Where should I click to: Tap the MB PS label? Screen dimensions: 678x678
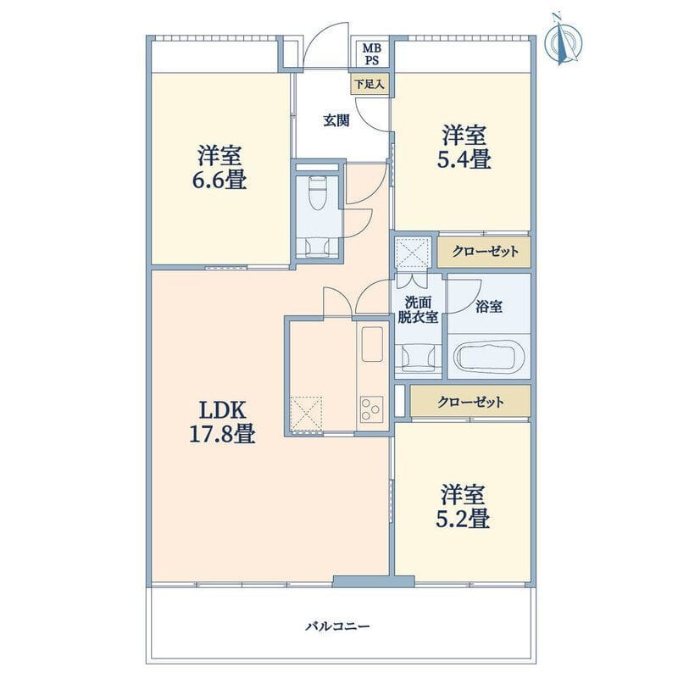pos(370,54)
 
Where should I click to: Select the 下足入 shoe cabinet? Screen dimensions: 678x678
pos(370,84)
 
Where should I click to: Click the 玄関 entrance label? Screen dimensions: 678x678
pos(336,120)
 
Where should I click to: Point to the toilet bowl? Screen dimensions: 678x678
pos(319,192)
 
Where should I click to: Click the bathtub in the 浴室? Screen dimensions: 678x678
pos(489,358)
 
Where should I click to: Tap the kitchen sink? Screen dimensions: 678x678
pos(372,344)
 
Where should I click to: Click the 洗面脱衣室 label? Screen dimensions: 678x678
pos(418,309)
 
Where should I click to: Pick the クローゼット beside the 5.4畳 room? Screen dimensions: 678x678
pos(484,252)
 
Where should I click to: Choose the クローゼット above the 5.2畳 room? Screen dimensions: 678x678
pos(470,402)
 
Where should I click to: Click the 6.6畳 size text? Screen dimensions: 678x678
pos(220,180)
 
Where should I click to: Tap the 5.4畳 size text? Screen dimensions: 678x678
pos(464,159)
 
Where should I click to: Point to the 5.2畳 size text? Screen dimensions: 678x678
pos(463,519)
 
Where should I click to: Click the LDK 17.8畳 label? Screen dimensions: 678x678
pos(222,421)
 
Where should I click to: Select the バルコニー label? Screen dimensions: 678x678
pos(337,626)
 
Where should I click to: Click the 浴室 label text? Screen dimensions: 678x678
pos(489,307)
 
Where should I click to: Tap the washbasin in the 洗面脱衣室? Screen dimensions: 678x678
pos(418,357)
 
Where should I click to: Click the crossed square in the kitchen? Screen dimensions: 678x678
pos(306,414)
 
